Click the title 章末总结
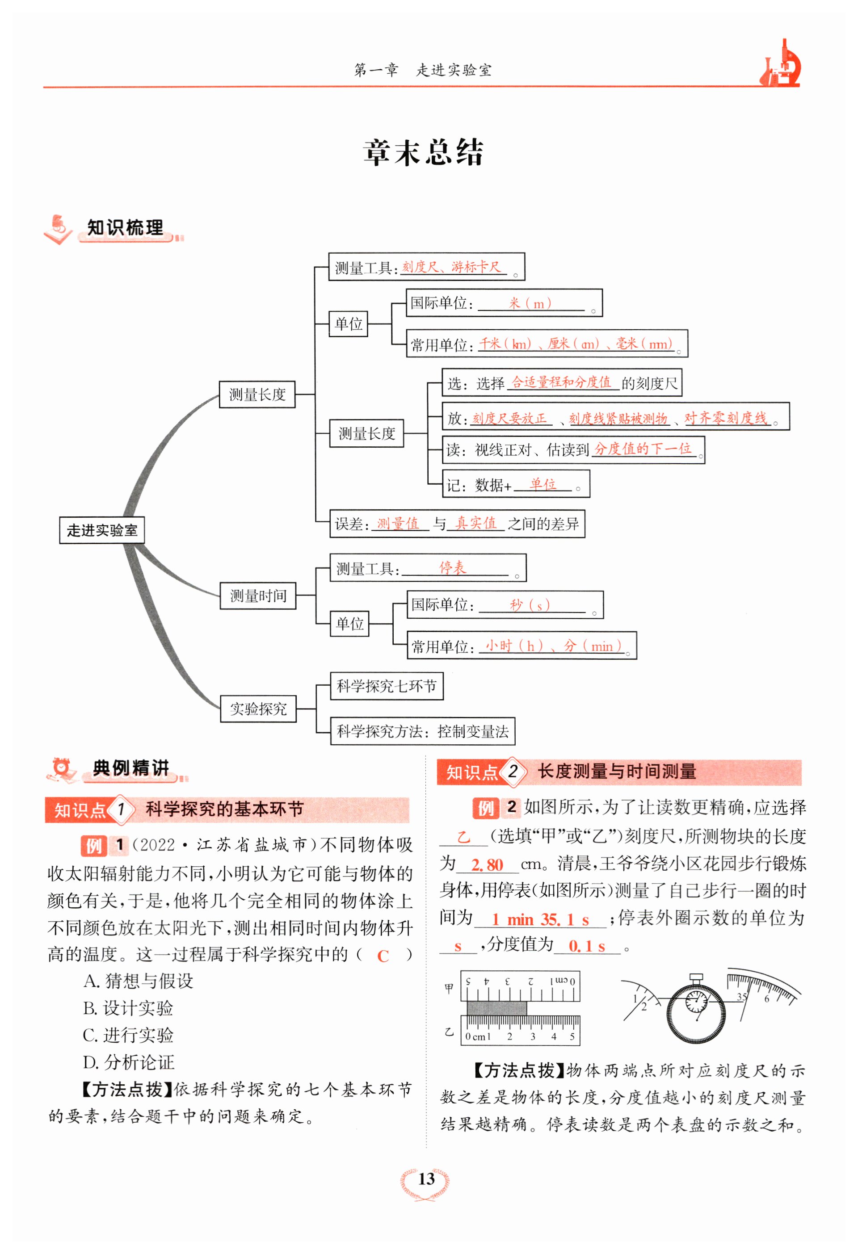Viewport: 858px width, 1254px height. (x=423, y=153)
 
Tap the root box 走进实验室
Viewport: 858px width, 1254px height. (x=102, y=530)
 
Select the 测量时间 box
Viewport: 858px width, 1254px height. (x=258, y=596)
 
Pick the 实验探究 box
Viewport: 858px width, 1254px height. (x=258, y=709)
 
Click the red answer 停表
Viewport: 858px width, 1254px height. (x=452, y=568)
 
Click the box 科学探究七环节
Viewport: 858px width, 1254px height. (x=387, y=686)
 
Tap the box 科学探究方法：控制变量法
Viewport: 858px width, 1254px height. (x=423, y=731)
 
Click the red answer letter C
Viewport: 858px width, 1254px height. (x=383, y=956)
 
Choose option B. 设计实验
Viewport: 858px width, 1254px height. (x=128, y=1008)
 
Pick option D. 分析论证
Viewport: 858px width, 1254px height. (x=129, y=1062)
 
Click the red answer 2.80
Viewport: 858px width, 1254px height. (x=487, y=865)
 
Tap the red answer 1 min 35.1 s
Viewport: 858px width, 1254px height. (x=540, y=919)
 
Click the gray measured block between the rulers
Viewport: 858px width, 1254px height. (x=496, y=1008)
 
